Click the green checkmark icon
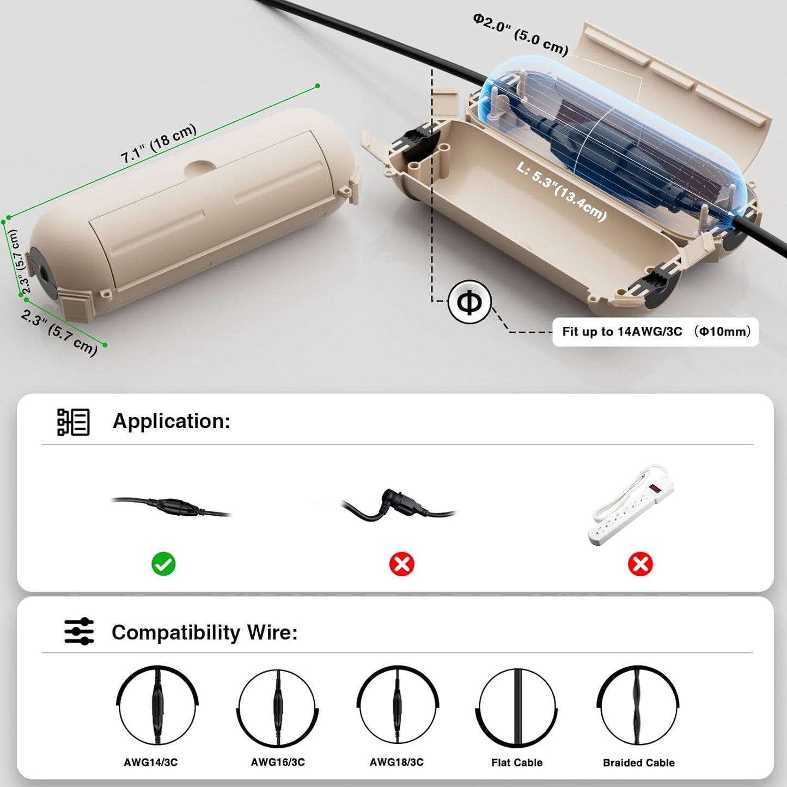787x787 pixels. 163,564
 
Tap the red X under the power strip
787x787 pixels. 640,564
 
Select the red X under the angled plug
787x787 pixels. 402,564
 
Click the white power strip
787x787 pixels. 632,503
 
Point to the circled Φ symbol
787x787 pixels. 469,302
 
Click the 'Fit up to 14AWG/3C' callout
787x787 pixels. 656,332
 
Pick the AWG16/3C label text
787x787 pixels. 278,762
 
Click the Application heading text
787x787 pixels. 172,421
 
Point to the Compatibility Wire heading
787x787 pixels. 205,632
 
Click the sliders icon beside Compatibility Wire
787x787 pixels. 79,632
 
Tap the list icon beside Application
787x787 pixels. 73,422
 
